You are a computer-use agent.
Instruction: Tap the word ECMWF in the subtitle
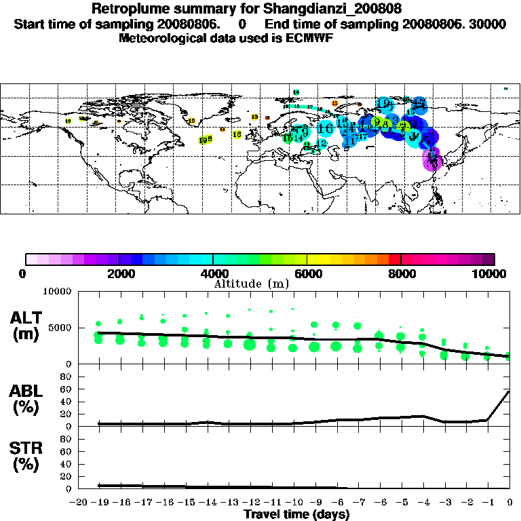(x=311, y=38)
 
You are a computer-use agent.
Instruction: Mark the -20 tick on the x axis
(x=77, y=502)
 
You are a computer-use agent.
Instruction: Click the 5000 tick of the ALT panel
(x=60, y=328)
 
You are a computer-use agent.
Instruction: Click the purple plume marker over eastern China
(x=432, y=160)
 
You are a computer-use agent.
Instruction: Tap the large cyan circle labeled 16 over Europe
(x=325, y=128)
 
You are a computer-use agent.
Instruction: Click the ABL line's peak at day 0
(x=509, y=391)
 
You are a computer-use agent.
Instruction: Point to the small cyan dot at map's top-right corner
(x=505, y=88)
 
